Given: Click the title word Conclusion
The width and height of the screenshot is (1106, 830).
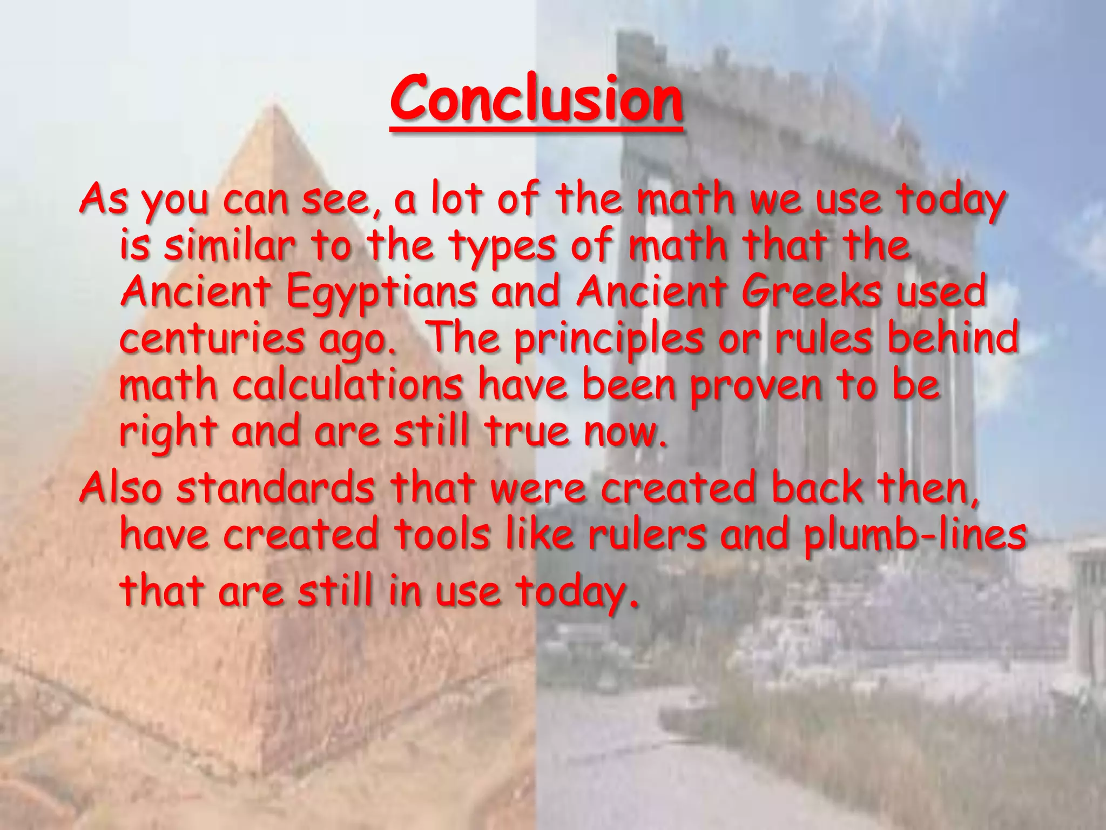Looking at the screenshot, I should click(x=536, y=99).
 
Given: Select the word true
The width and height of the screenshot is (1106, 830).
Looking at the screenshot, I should click(x=527, y=432).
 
